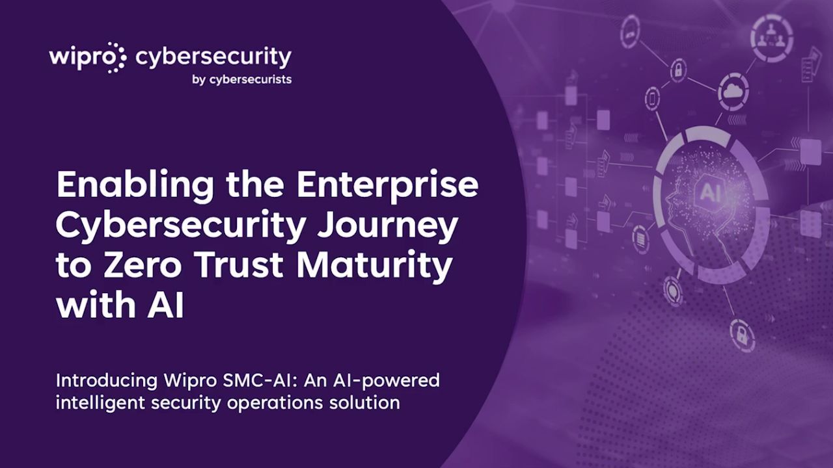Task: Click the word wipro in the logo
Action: (77, 58)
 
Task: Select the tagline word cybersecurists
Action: (251, 79)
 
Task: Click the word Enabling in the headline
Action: (135, 187)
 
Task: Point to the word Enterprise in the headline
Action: (387, 187)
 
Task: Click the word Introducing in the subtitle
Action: (107, 382)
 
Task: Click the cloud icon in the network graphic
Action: (733, 90)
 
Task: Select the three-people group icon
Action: (772, 38)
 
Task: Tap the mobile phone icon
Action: (652, 99)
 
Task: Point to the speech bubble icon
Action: (672, 289)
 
